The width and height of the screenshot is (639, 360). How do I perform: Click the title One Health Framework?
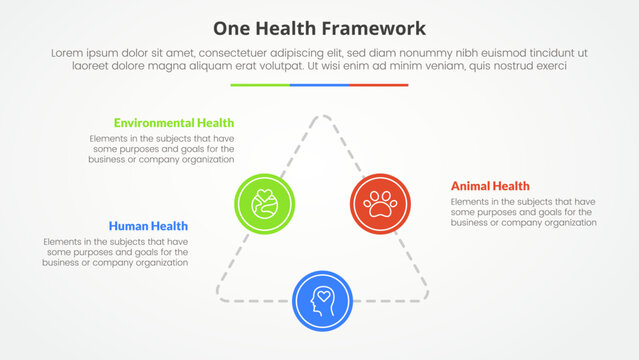pos(319,27)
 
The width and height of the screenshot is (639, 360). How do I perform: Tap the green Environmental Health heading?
pos(174,122)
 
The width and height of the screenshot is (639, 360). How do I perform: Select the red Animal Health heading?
pos(490,186)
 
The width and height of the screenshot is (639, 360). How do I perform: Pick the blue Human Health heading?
pos(148,226)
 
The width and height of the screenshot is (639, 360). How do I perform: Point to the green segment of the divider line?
pos(260,85)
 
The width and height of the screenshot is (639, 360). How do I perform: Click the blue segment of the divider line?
pos(319,85)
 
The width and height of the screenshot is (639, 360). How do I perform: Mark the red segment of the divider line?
pos(379,85)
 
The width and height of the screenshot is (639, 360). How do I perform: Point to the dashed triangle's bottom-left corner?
pos(221,295)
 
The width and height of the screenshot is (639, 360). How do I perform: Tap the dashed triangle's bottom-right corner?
pos(424,295)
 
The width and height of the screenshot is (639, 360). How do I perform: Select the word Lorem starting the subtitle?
pos(65,51)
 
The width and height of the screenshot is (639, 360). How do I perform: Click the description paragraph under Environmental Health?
pos(162,148)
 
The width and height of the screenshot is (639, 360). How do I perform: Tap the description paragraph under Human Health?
pos(116,252)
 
